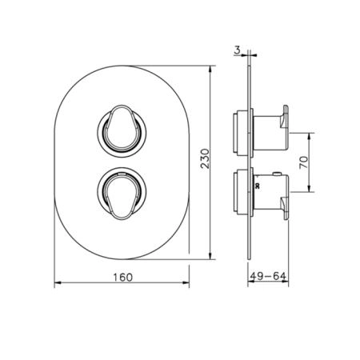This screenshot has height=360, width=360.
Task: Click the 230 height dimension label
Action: point(206,158)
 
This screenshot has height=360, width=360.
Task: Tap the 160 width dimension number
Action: point(123,278)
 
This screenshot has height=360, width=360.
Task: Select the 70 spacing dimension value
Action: point(303,162)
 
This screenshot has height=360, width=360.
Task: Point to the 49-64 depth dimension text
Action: point(268,276)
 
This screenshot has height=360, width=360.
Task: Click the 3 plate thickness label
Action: point(237,50)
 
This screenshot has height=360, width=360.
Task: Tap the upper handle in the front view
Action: point(122,128)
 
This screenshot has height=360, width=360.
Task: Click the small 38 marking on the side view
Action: point(258,186)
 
